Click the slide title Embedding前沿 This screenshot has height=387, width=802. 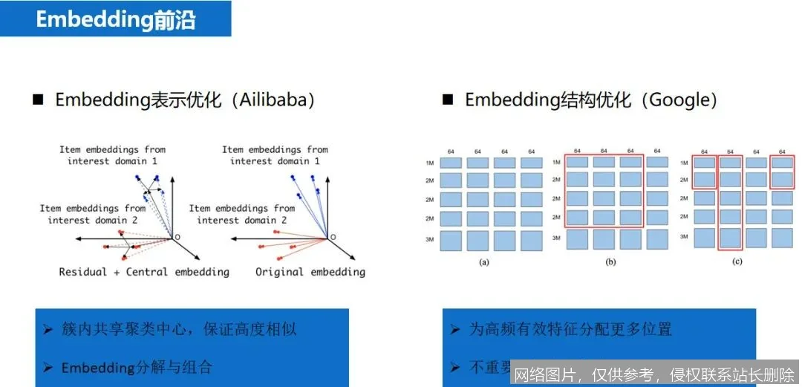point(115,19)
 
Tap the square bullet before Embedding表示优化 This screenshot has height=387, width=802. point(38,100)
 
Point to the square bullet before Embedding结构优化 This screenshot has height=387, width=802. point(448,100)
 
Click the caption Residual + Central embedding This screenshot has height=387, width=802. point(144,272)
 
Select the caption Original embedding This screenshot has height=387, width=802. point(310,272)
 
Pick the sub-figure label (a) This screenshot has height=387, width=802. point(484,261)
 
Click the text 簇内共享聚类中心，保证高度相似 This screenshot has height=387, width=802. point(179,329)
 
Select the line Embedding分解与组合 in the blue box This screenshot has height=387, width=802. point(137,367)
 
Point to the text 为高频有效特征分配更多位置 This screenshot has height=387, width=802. point(571,329)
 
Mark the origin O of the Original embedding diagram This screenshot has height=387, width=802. point(332,237)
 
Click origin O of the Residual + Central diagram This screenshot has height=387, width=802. point(176,237)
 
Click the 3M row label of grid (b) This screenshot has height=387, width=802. point(556,238)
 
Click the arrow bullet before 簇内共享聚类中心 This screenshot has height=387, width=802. point(48,329)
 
